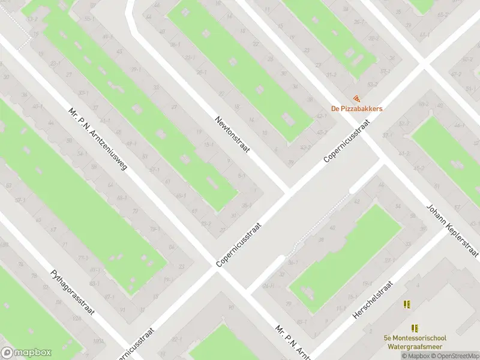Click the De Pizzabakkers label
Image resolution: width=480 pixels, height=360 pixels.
coord(357,109)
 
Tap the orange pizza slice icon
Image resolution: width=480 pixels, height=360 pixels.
coord(357,98)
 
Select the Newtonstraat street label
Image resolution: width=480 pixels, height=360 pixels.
coord(232,134)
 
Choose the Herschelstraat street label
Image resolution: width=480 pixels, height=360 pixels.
coord(373,300)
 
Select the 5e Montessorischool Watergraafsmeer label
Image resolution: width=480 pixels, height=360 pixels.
coord(414,341)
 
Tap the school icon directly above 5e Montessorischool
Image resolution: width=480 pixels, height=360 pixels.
coord(414,328)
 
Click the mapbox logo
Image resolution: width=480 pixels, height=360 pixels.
coord(26,353)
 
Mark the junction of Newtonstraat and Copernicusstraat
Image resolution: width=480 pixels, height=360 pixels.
coord(287,191)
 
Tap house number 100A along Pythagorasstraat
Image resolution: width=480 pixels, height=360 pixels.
coord(98,341)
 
